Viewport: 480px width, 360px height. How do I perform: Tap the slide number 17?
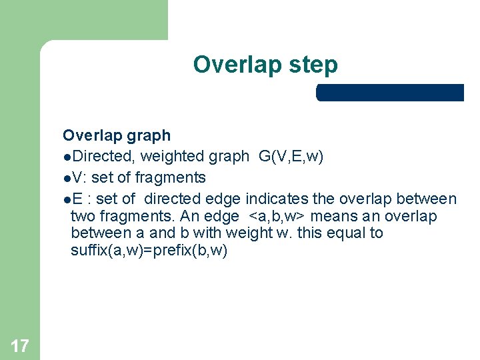tap(20, 345)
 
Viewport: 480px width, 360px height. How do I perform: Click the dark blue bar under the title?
tap(390, 93)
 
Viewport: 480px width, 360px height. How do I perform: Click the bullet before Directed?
tap(67, 157)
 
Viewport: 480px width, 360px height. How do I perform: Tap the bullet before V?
tap(67, 179)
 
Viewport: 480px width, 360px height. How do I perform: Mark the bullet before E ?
tap(67, 200)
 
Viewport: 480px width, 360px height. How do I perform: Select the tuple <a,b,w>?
tap(277, 217)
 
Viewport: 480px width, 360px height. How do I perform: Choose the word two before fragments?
tap(82, 217)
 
